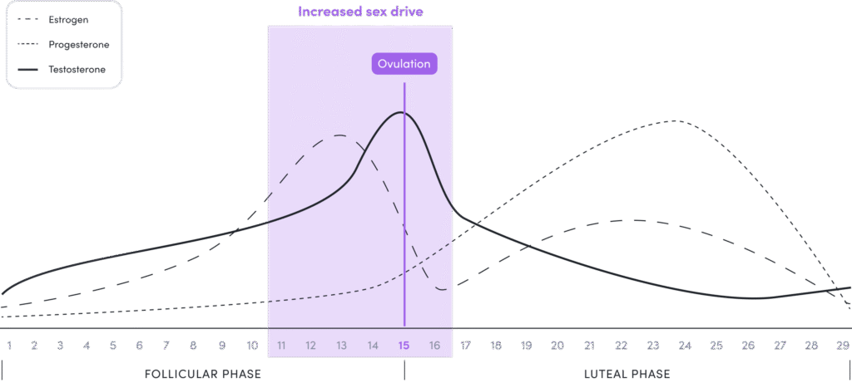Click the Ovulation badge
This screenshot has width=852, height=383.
pos(404,65)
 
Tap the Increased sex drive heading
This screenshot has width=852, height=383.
pos(359,12)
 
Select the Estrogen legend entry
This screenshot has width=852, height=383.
pos(68,19)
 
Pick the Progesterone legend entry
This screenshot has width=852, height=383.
pos(79,44)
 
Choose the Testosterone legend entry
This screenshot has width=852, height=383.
pos(77,69)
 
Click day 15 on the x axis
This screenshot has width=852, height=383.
pos(404,345)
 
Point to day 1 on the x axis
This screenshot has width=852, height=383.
pos(9,345)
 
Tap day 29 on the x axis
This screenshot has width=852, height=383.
pos(842,345)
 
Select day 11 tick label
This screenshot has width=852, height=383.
pos(281,345)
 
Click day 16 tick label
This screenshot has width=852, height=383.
pos(434,345)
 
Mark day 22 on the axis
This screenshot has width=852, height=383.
pos(621,345)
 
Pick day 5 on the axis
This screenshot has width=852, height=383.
pos(112,345)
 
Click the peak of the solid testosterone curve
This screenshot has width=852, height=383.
pos(402,112)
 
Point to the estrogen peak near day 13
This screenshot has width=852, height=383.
pos(339,135)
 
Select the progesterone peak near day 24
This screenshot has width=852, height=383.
pos(676,120)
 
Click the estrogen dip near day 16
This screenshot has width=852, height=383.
pos(443,289)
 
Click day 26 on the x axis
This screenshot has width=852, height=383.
pos(748,345)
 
